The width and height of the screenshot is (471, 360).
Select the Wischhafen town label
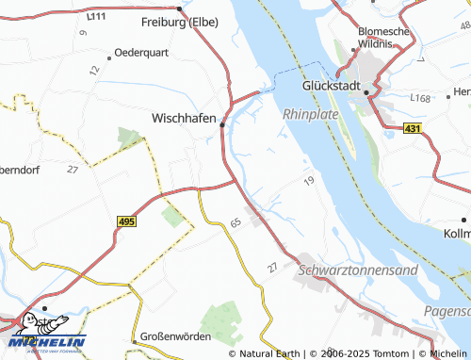184,119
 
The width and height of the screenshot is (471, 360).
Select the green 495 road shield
127,220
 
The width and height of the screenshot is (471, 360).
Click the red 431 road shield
413,127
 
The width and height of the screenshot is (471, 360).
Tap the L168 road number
420,97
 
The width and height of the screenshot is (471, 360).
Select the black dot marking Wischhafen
222,123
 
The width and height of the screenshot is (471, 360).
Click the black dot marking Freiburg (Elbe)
179,8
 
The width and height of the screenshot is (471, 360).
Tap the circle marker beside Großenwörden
135,336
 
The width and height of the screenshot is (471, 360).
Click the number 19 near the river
308,179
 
